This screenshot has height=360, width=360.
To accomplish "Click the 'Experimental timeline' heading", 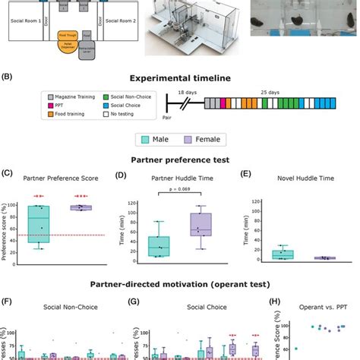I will pos(181,77).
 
